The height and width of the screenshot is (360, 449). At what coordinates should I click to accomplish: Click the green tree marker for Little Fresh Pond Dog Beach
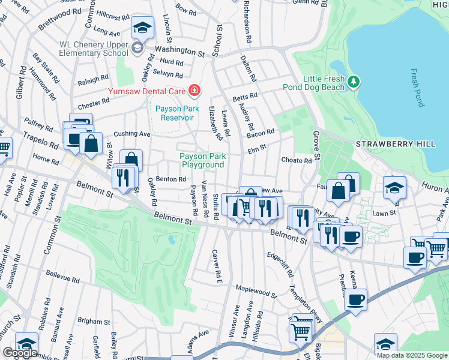pyautogui.click(x=354, y=81)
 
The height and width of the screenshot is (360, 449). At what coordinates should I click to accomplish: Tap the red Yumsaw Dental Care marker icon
pyautogui.click(x=194, y=91)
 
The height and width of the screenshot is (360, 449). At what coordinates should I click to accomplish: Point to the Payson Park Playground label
pyautogui.click(x=202, y=160)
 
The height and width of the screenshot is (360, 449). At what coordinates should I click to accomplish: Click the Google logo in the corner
pyautogui.click(x=19, y=353)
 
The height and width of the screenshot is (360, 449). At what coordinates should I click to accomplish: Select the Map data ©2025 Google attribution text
pyautogui.click(x=411, y=355)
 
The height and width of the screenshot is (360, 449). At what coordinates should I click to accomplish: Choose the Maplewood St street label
pyautogui.click(x=256, y=292)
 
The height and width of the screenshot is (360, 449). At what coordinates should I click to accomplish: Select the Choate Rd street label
pyautogui.click(x=296, y=160)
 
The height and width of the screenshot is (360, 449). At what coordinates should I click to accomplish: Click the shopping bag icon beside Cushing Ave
pyautogui.click(x=91, y=144)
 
